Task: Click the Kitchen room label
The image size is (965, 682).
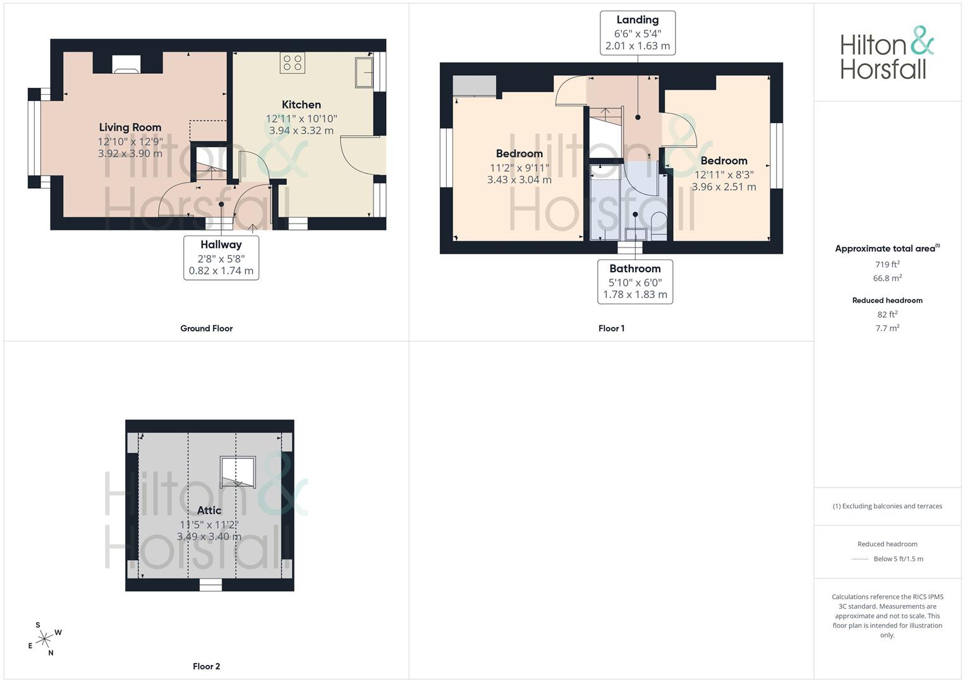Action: click(301, 105)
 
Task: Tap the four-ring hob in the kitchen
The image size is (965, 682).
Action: click(293, 63)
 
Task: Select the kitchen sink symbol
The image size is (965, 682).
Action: click(364, 73)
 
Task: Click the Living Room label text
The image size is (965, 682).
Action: click(130, 128)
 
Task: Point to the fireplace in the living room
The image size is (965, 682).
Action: click(126, 64)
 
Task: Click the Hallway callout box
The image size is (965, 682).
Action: click(221, 258)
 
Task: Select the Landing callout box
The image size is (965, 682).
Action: click(638, 33)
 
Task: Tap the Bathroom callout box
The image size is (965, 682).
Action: click(635, 282)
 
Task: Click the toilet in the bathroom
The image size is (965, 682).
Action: click(659, 226)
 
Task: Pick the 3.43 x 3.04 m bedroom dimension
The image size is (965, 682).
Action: click(519, 180)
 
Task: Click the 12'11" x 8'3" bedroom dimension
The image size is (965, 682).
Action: click(724, 175)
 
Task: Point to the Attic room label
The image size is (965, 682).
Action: click(209, 510)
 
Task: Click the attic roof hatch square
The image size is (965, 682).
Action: click(238, 472)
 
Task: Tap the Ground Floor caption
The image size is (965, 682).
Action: click(207, 328)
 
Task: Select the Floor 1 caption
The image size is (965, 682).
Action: click(611, 328)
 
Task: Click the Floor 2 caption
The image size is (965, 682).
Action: click(207, 666)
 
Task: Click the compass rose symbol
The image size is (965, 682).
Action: click(44, 639)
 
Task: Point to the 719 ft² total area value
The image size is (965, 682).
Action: click(887, 265)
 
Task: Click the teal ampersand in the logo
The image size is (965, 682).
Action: click(921, 41)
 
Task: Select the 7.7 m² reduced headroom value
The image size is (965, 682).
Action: click(887, 328)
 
